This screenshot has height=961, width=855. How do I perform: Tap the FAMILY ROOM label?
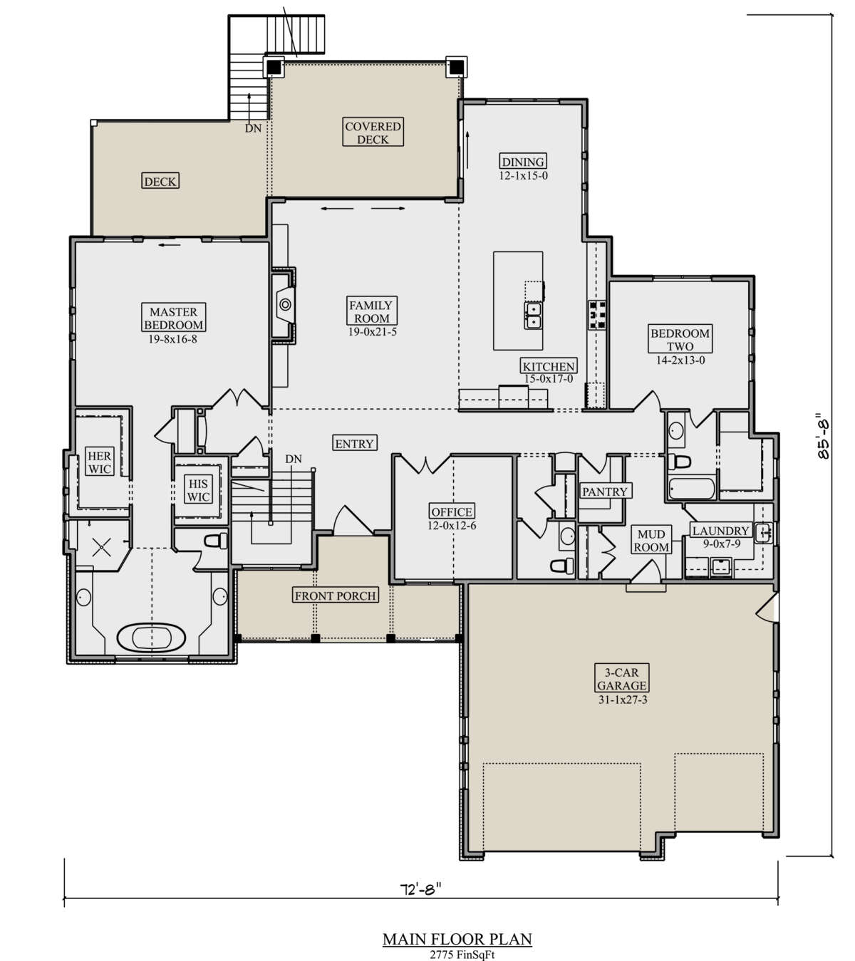coord(371,311)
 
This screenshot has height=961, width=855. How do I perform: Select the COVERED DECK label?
coord(373,132)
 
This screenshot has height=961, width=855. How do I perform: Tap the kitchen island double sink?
coord(533,316)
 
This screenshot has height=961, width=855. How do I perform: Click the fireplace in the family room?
coord(284,304)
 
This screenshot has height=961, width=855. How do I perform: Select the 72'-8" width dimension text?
coord(420,888)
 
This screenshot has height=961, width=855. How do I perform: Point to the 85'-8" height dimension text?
coord(823,437)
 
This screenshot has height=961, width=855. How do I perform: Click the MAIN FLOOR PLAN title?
coord(457,939)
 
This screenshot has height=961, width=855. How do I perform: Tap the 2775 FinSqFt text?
coord(457,955)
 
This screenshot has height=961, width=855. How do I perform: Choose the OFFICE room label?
coord(452,511)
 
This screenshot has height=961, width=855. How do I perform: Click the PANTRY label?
coord(605,491)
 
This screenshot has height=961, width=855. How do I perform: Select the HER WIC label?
coord(100,462)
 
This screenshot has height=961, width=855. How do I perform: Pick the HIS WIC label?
coord(198,490)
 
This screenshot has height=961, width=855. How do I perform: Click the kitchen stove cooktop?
coord(597,314)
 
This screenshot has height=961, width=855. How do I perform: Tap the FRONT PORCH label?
coord(336,596)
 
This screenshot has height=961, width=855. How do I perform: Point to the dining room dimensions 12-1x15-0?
coord(524,175)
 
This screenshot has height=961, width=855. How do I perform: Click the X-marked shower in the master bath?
coord(101,546)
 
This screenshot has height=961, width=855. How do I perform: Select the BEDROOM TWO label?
coord(680,339)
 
